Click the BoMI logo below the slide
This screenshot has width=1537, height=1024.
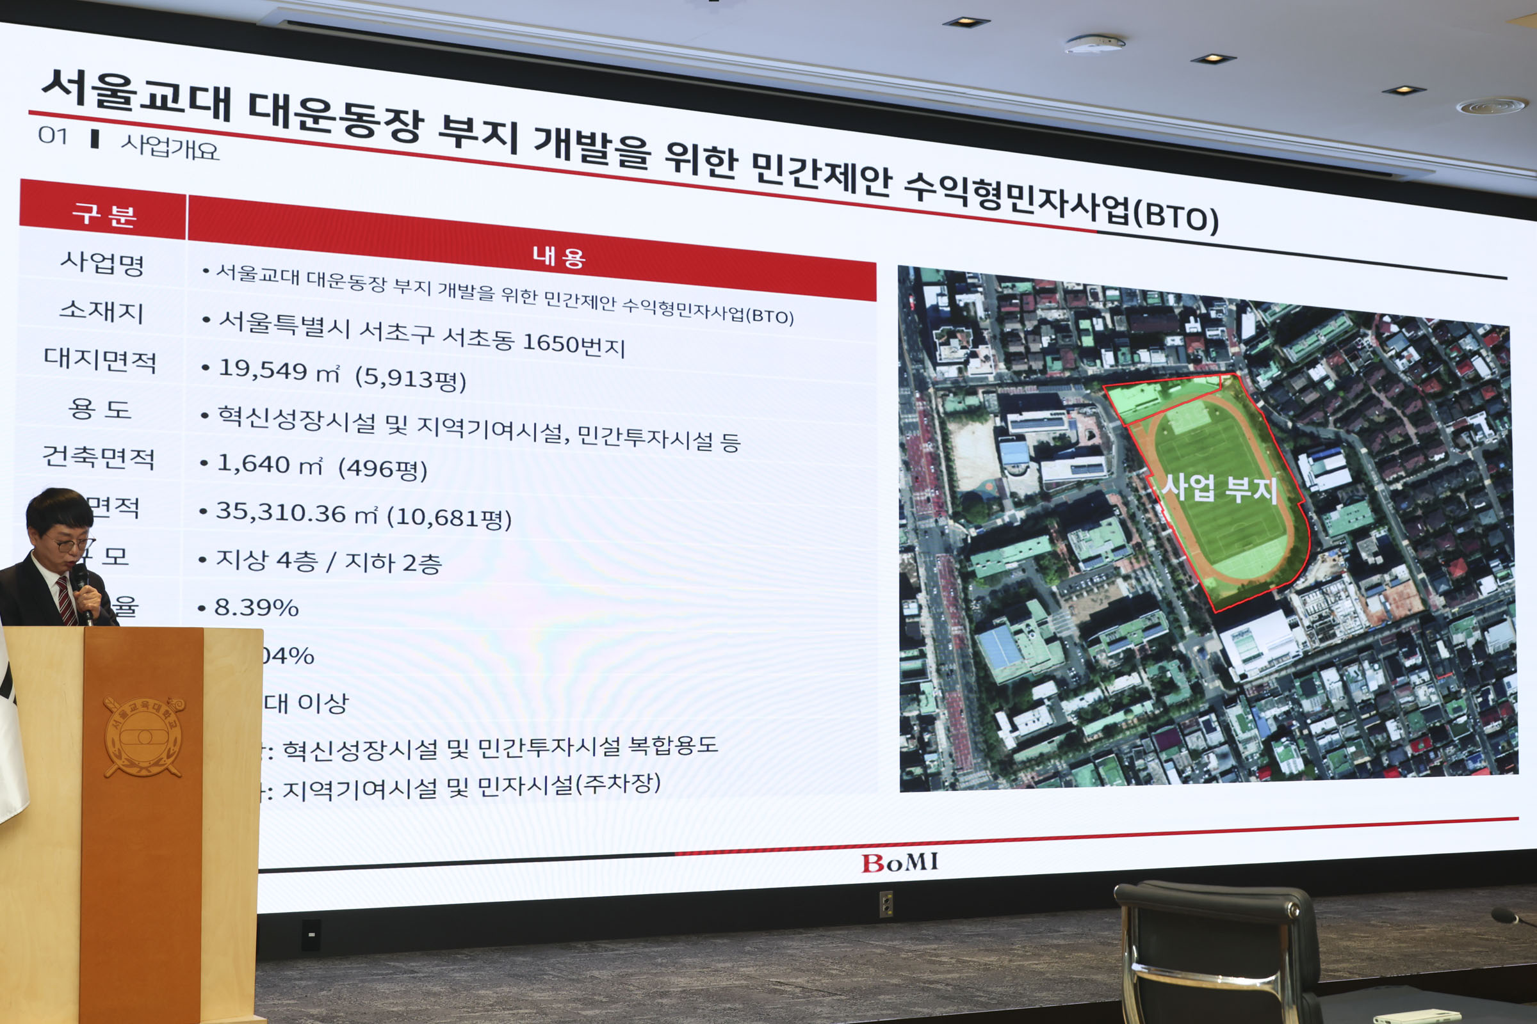click(x=899, y=862)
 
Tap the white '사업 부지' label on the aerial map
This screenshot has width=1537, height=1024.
click(x=1219, y=488)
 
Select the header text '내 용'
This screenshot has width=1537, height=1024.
click(x=558, y=256)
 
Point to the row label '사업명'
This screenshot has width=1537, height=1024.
click(x=102, y=262)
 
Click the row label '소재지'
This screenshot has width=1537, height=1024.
click(x=101, y=311)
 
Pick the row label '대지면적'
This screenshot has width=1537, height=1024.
click(x=100, y=360)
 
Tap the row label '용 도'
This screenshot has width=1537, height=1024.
click(x=100, y=409)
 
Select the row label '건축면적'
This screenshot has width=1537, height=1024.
click(x=99, y=456)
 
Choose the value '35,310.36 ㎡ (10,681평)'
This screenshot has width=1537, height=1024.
click(x=363, y=515)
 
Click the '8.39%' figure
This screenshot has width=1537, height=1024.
click(x=256, y=608)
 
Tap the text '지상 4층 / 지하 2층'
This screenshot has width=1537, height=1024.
click(x=329, y=562)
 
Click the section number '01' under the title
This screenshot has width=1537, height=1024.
click(x=53, y=136)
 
